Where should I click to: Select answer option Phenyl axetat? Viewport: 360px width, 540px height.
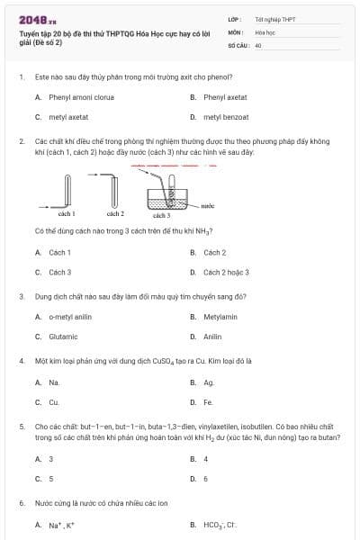pyautogui.click(x=225, y=96)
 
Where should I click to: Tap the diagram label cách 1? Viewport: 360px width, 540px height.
pyautogui.click(x=66, y=214)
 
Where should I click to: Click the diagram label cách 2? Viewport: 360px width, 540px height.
pyautogui.click(x=114, y=214)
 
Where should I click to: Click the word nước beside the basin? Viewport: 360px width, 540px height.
pyautogui.click(x=208, y=205)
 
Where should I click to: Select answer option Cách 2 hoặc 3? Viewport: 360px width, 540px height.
pyautogui.click(x=226, y=272)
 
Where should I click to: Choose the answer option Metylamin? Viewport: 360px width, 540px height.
pyautogui.click(x=220, y=316)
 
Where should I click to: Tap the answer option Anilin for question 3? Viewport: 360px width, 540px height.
pyautogui.click(x=212, y=337)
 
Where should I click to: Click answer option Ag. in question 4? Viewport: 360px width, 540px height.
pyautogui.click(x=209, y=382)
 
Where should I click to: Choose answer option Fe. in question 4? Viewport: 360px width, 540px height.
pyautogui.click(x=208, y=402)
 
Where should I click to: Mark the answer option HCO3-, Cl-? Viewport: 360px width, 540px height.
pyautogui.click(x=220, y=525)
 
